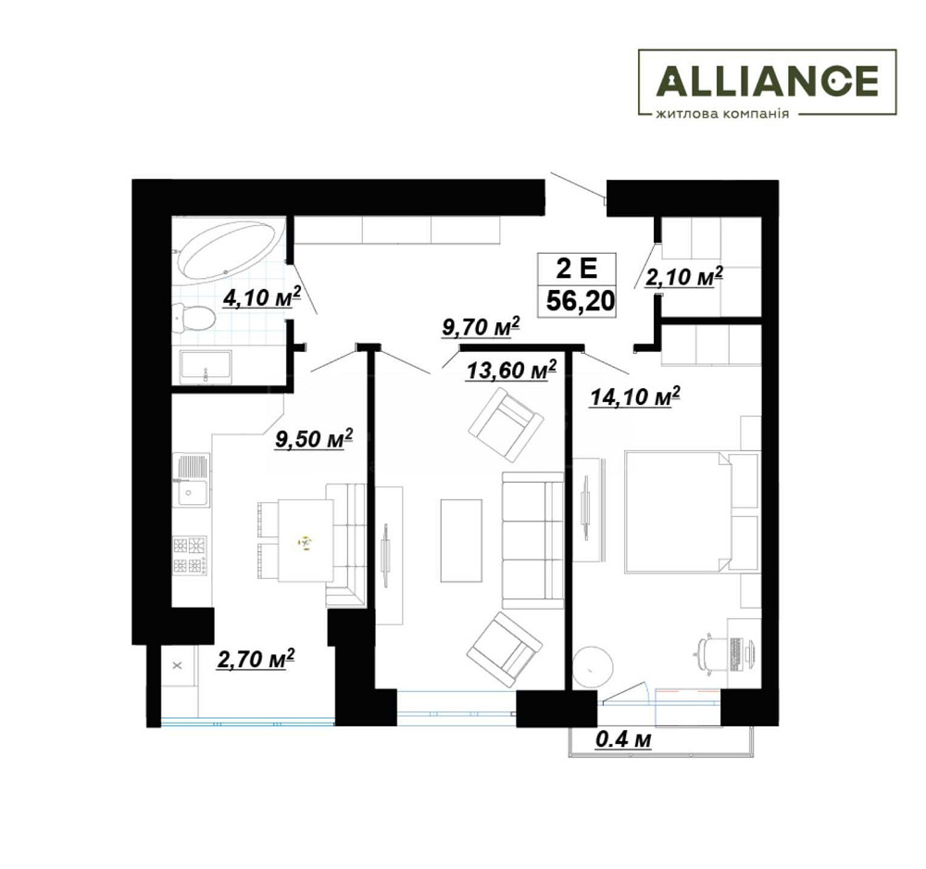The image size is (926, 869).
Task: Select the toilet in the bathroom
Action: (x=194, y=318)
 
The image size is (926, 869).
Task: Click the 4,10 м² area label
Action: (x=262, y=297)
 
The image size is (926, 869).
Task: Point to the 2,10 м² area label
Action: (x=684, y=276)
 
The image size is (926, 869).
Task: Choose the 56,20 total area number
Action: (x=581, y=301)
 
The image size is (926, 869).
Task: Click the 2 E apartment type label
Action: (x=577, y=269)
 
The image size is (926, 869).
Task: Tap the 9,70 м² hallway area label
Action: (x=482, y=327)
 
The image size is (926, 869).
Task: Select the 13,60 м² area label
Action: (x=511, y=371)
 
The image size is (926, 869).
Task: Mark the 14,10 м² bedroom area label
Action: (x=635, y=397)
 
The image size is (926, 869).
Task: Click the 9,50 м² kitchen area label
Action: (x=314, y=439)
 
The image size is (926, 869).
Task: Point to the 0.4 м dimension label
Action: (x=623, y=739)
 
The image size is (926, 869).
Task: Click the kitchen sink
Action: (x=191, y=480)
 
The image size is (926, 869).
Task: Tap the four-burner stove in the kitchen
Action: (x=190, y=555)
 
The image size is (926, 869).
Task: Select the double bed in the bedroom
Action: (x=678, y=511)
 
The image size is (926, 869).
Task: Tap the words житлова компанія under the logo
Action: (x=722, y=113)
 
